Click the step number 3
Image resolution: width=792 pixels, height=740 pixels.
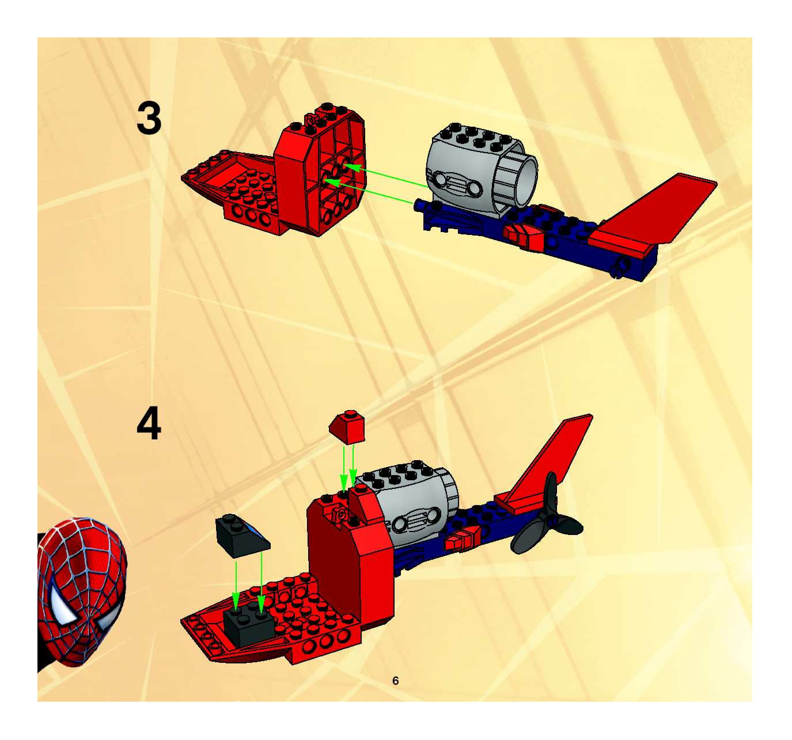click(149, 118)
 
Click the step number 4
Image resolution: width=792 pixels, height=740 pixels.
click(149, 425)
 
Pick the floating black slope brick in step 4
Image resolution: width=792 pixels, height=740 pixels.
click(241, 534)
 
